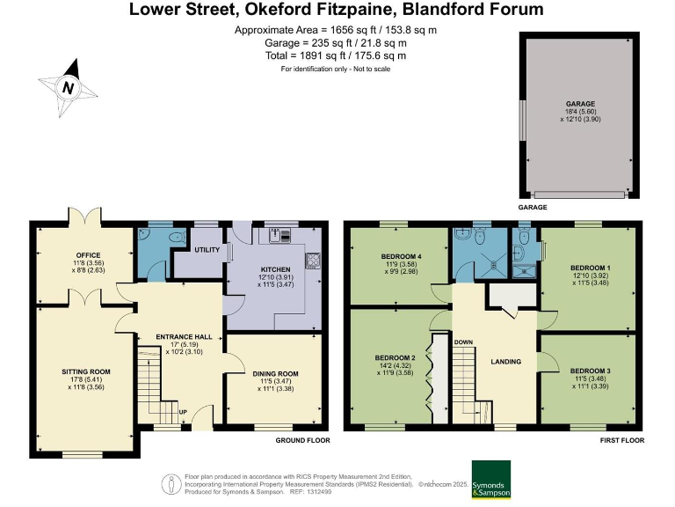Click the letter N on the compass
[x=68, y=88]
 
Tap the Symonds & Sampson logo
[x=491, y=480]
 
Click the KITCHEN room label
[x=275, y=269]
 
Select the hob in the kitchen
[x=313, y=261]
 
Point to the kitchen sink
[x=280, y=235]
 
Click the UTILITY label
[x=207, y=250]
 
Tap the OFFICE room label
[x=88, y=255]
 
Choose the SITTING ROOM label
[x=86, y=371]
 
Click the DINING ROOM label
[x=275, y=374]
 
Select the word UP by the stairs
[x=183, y=412]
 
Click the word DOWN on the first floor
[x=464, y=342]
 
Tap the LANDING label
[x=506, y=362]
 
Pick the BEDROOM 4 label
[x=401, y=256]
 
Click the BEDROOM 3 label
[x=591, y=371]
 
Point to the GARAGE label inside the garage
[x=580, y=104]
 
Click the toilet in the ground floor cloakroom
[x=177, y=236]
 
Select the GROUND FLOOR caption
[x=302, y=440]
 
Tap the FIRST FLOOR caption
[x=622, y=440]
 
